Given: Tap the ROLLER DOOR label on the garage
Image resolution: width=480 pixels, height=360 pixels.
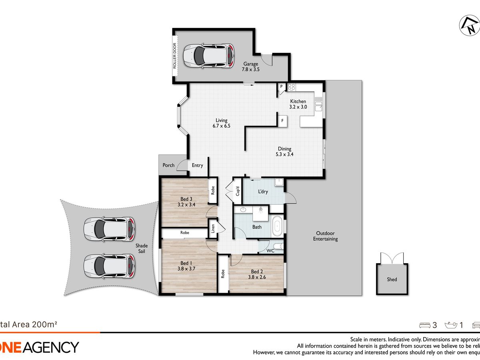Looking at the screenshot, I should coord(175,56).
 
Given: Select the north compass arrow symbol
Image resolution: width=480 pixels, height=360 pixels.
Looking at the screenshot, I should coord(469,26).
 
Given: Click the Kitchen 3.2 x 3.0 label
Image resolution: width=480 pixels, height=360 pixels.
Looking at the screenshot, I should coord(298,104).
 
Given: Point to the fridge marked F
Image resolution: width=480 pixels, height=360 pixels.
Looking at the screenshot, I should coord(282,120).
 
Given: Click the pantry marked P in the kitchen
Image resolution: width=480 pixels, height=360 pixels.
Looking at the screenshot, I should coord(282,87).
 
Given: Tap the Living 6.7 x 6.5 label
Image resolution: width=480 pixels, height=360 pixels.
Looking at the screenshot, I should coord(222,123).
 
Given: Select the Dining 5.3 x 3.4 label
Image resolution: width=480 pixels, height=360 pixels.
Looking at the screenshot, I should coord(284,152).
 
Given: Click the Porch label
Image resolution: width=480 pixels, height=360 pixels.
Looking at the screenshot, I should coord(168,165).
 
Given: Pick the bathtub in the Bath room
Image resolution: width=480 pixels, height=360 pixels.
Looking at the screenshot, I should coord(277,226).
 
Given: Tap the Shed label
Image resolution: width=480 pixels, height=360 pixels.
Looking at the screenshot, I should coord(392,279).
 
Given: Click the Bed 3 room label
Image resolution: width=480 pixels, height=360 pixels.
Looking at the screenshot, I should coord(184,199).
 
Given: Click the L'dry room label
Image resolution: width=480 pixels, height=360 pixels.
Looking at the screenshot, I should coord(263,192).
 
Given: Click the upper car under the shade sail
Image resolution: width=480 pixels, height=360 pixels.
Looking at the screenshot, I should coord(109,229).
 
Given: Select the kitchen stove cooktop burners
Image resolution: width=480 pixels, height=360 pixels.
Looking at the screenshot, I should coord(291,86).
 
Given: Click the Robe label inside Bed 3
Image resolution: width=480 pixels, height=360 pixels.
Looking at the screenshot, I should coord(213,190).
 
